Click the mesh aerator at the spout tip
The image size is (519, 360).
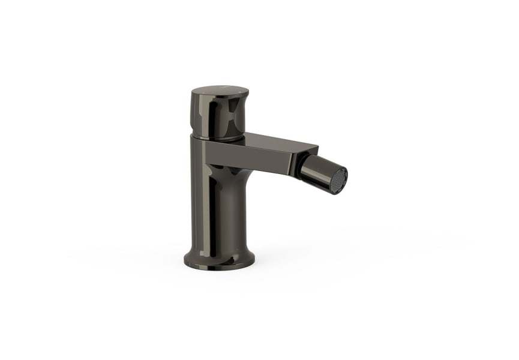(x=340, y=176)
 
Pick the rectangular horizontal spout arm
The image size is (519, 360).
(x=270, y=153)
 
